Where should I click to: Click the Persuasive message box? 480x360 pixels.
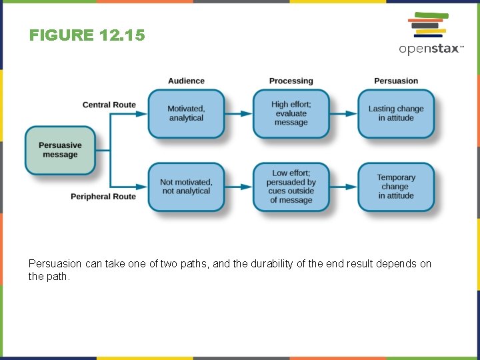click(60, 150)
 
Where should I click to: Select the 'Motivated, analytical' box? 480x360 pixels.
click(186, 113)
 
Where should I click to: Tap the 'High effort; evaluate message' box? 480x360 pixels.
click(291, 113)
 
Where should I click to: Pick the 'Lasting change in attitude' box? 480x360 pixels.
click(396, 113)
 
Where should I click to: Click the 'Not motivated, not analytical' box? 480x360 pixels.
click(186, 187)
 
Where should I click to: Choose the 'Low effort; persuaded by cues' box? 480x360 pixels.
click(291, 187)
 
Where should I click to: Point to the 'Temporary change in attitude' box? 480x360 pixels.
click(396, 187)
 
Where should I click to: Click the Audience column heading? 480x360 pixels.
click(186, 81)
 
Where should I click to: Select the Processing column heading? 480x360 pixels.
click(291, 81)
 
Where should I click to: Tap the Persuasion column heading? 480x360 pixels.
click(396, 81)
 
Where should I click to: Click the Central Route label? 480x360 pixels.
click(109, 105)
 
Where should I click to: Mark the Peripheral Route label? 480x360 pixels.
click(103, 197)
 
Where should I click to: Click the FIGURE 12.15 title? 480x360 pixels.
click(87, 35)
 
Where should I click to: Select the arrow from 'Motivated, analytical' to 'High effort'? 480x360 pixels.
click(239, 114)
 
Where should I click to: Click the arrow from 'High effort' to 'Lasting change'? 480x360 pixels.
click(343, 114)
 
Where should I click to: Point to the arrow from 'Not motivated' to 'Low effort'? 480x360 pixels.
click(239, 187)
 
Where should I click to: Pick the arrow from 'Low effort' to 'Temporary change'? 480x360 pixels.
click(343, 187)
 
